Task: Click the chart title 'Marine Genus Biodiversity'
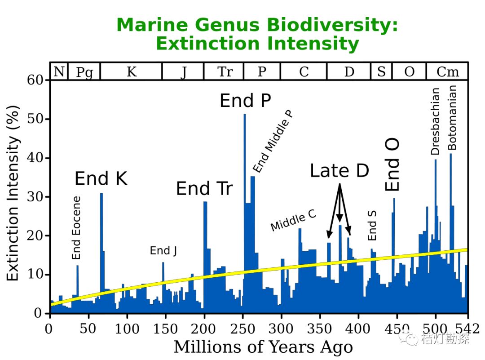[257, 25]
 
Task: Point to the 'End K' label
[101, 178]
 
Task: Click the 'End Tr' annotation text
[204, 188]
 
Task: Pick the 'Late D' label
[339, 170]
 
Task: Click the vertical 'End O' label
[392, 164]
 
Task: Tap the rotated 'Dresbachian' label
[435, 121]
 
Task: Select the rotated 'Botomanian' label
[452, 118]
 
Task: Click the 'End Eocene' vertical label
[76, 227]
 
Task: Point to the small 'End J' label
[163, 250]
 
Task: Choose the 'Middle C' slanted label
[293, 220]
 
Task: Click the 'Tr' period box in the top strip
[224, 71]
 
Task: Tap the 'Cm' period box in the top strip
[447, 71]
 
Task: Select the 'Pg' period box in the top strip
[84, 71]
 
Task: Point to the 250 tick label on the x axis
[242, 329]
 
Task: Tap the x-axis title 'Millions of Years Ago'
[263, 347]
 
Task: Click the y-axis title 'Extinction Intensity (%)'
[13, 193]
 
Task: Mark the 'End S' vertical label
[372, 225]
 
